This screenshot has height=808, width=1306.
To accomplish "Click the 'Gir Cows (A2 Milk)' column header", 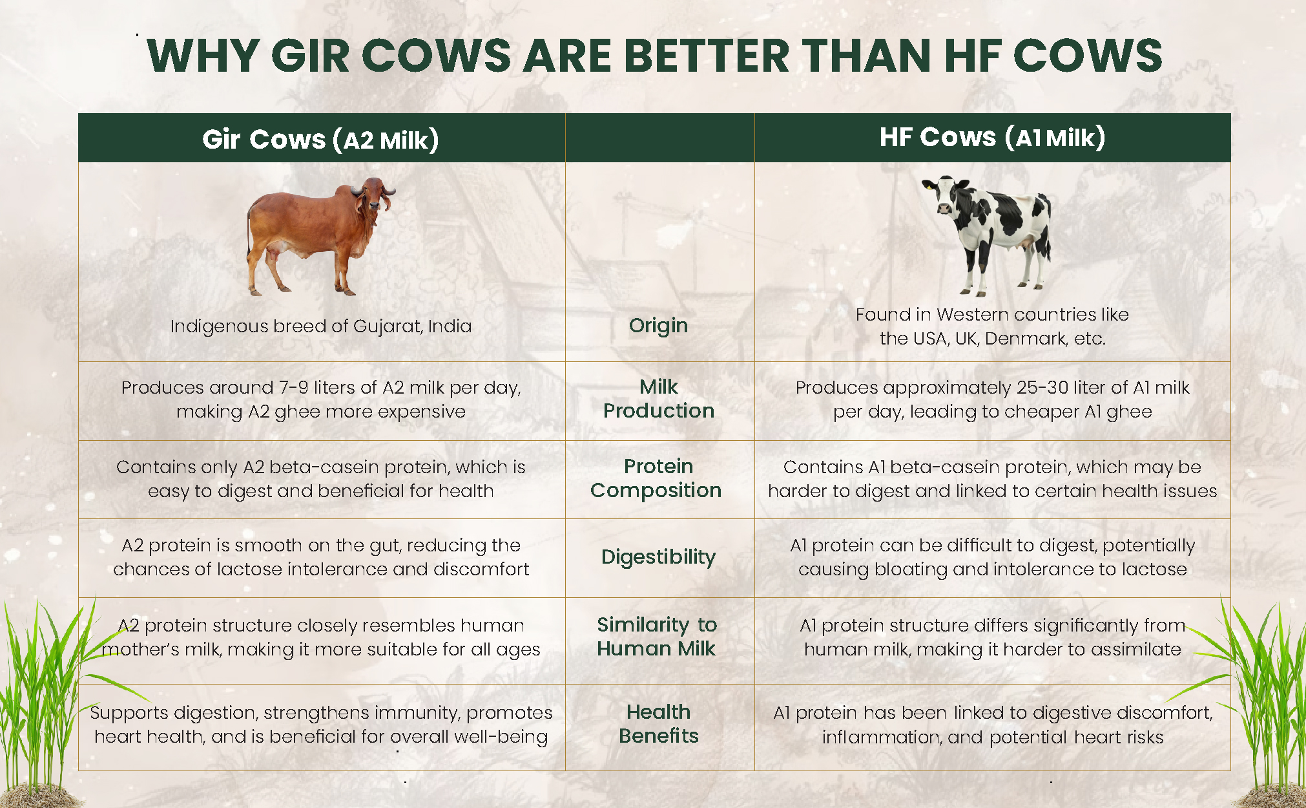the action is tap(320, 139).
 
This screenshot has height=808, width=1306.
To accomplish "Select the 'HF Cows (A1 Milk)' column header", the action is tap(992, 137).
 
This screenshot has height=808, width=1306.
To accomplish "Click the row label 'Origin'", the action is tap(658, 325).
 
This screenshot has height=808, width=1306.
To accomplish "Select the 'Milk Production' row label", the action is tap(658, 398).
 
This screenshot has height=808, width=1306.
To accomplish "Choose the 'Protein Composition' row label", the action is tap(656, 478).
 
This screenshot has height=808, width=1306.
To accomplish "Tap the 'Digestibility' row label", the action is tap(658, 557).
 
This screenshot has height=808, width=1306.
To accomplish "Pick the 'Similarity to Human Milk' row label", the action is tap(656, 636).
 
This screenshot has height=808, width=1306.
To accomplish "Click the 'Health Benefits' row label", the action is tap(658, 723).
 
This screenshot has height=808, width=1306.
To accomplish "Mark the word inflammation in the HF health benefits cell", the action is tap(882, 738).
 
